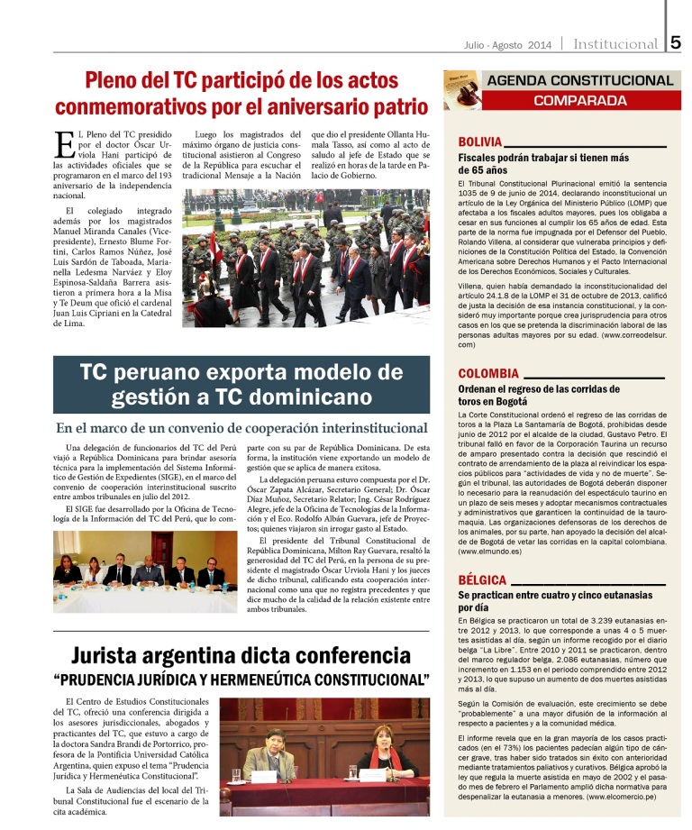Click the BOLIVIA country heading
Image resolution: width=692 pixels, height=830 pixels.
480,142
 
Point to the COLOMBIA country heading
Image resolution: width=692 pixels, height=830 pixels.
487,373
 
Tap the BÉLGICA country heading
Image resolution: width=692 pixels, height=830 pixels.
482,579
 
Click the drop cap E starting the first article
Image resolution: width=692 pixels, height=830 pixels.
63,144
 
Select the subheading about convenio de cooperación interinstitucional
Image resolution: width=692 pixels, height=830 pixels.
241,429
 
